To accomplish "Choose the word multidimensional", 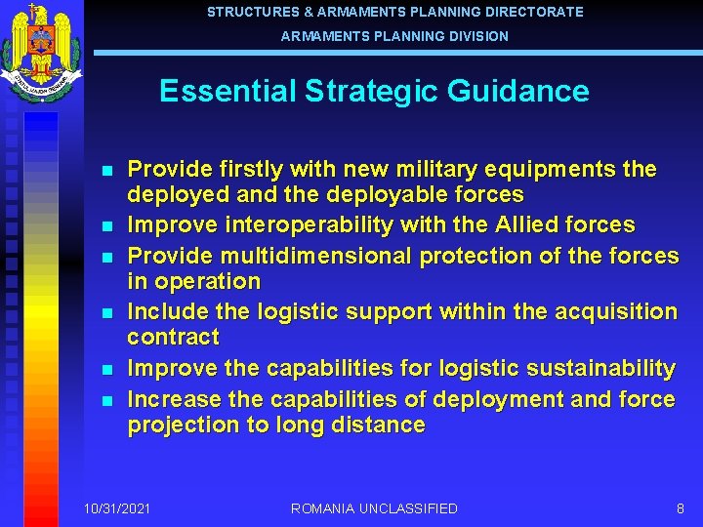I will coord(317,256).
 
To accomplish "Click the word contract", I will coord(173,338).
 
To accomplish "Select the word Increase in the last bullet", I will coord(174,400).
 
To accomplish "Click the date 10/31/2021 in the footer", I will coord(117,508).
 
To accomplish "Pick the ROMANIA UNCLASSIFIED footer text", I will coord(374,508).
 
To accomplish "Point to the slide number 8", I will coord(680,508).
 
